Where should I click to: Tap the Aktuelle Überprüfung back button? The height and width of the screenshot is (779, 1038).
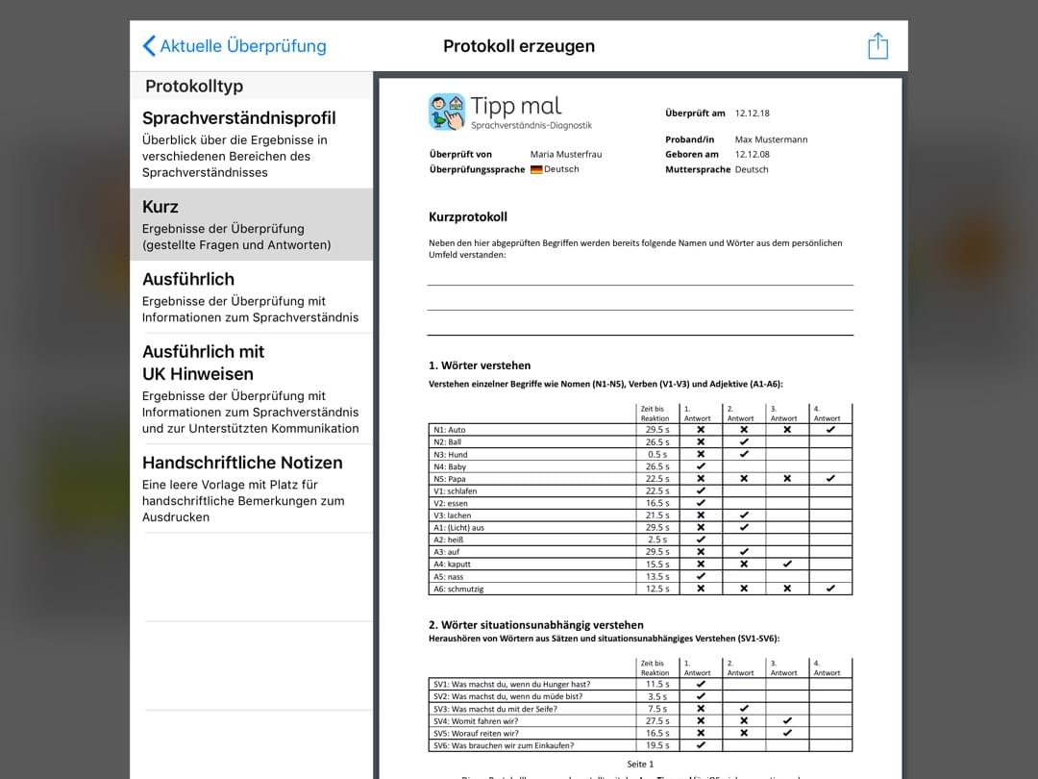(x=235, y=46)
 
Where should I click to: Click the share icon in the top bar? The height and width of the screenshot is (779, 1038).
(x=877, y=46)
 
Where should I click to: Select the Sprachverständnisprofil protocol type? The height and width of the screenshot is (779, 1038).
(x=239, y=118)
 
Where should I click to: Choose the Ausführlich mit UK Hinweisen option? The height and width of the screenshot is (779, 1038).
(x=204, y=363)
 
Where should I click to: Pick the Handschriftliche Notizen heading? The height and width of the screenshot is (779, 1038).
(x=242, y=463)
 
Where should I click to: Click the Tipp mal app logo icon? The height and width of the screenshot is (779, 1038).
(x=447, y=113)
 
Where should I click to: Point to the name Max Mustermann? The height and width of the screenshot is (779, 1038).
(x=771, y=139)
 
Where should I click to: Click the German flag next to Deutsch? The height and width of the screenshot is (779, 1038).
(x=536, y=169)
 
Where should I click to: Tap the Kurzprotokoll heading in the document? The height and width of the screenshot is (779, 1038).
(x=468, y=217)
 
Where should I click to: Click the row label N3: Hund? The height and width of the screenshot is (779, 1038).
(x=451, y=454)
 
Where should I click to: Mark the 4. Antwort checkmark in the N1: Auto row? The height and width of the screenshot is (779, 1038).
(x=830, y=430)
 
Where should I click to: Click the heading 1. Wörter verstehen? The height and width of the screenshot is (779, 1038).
(x=480, y=365)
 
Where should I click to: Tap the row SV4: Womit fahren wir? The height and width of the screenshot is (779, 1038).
(x=489, y=720)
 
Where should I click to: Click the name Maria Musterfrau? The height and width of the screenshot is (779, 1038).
(x=566, y=154)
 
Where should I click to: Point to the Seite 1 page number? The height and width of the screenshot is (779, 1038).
(x=640, y=764)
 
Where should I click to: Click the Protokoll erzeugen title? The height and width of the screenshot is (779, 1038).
(x=519, y=46)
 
